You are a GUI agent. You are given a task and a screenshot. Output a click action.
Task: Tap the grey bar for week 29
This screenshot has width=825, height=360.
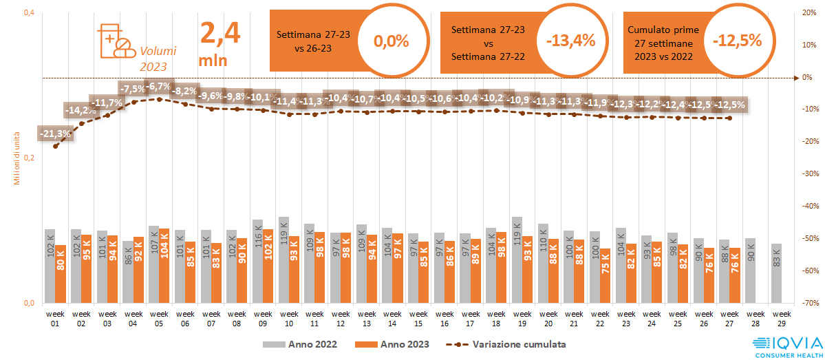click(x=776, y=273)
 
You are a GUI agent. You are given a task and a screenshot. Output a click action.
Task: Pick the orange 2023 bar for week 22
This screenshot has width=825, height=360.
click(x=605, y=275)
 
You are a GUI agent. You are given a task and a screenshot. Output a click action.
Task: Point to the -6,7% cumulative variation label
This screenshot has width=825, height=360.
click(x=159, y=87)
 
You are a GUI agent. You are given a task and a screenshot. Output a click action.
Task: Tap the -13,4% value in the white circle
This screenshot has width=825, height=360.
click(x=570, y=41)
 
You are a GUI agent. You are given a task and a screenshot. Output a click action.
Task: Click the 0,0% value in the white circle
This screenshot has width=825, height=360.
click(x=391, y=41)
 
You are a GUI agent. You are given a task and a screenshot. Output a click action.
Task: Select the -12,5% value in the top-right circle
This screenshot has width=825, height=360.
click(x=737, y=41)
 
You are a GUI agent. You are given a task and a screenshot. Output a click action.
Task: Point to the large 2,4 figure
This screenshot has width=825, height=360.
click(x=219, y=33)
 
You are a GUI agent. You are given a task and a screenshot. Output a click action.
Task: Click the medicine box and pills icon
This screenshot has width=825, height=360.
click(x=114, y=41)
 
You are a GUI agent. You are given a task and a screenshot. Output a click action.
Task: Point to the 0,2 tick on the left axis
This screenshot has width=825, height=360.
click(x=30, y=158)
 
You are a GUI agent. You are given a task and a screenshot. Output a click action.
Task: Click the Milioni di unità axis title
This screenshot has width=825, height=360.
click(x=17, y=158)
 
